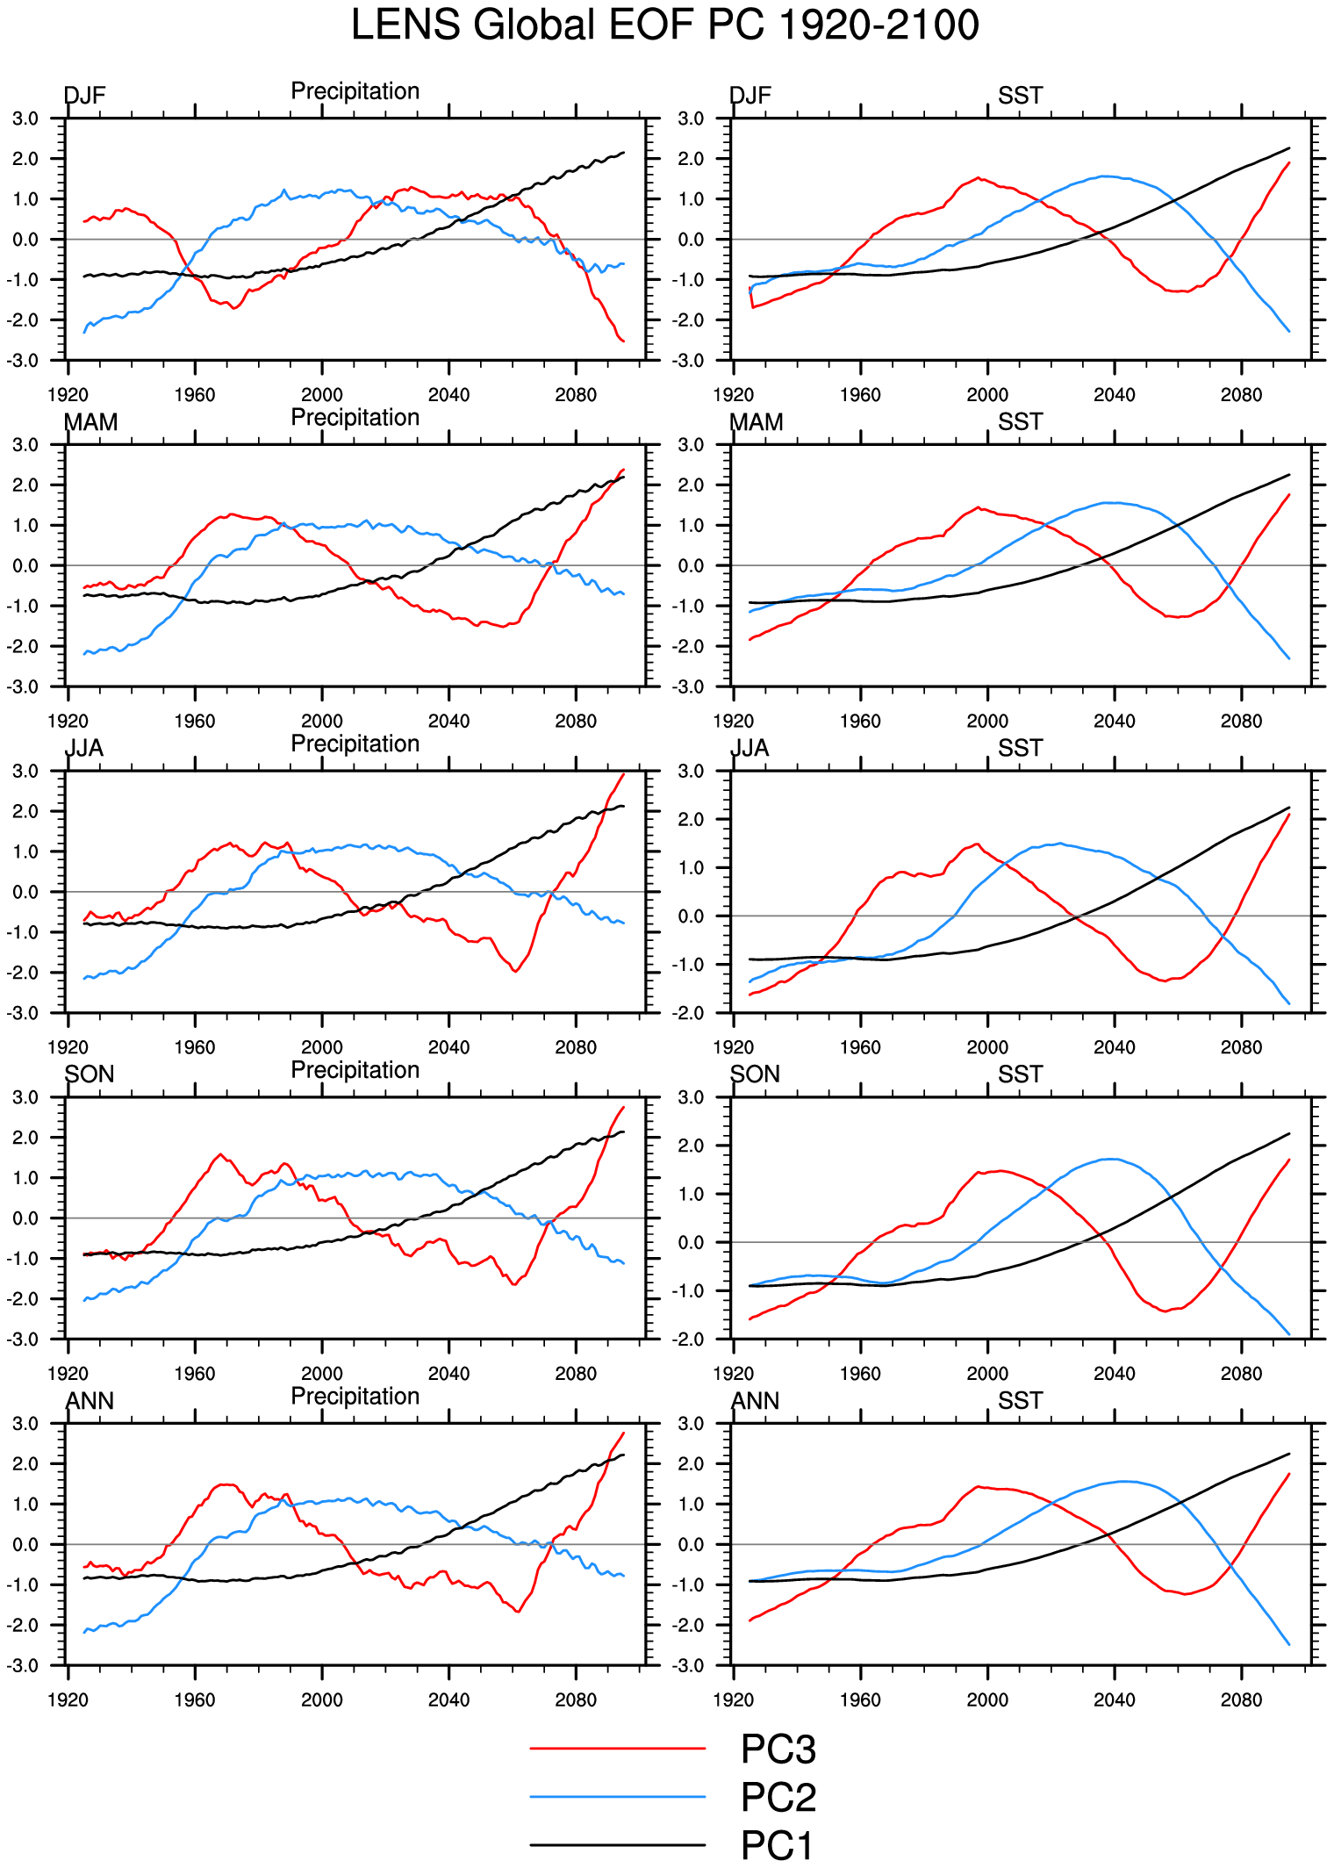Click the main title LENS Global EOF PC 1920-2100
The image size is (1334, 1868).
[664, 25]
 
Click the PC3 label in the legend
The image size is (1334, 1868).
[778, 1749]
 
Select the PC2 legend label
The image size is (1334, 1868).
[778, 1797]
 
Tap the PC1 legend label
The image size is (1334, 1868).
[776, 1844]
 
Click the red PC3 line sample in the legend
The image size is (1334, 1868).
[617, 1749]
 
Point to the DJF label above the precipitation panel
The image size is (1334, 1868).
[85, 96]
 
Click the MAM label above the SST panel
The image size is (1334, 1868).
[757, 422]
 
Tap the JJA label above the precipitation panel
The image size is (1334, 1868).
[85, 748]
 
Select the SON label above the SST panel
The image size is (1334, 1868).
[755, 1074]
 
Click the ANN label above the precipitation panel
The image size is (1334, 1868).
[90, 1401]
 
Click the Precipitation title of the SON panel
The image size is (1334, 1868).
[355, 1070]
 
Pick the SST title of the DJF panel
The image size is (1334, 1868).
[1020, 96]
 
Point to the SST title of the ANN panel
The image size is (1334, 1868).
[1020, 1401]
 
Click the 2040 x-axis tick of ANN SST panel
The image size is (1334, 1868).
[1114, 1700]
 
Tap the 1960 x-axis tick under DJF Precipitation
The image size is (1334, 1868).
[195, 395]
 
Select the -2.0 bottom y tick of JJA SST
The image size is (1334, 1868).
[691, 1013]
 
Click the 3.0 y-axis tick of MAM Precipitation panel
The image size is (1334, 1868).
[25, 445]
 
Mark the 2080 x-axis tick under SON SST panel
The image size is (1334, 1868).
[1241, 1374]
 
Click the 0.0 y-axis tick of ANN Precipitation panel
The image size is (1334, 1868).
[25, 1544]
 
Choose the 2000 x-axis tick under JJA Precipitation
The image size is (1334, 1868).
[322, 1047]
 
